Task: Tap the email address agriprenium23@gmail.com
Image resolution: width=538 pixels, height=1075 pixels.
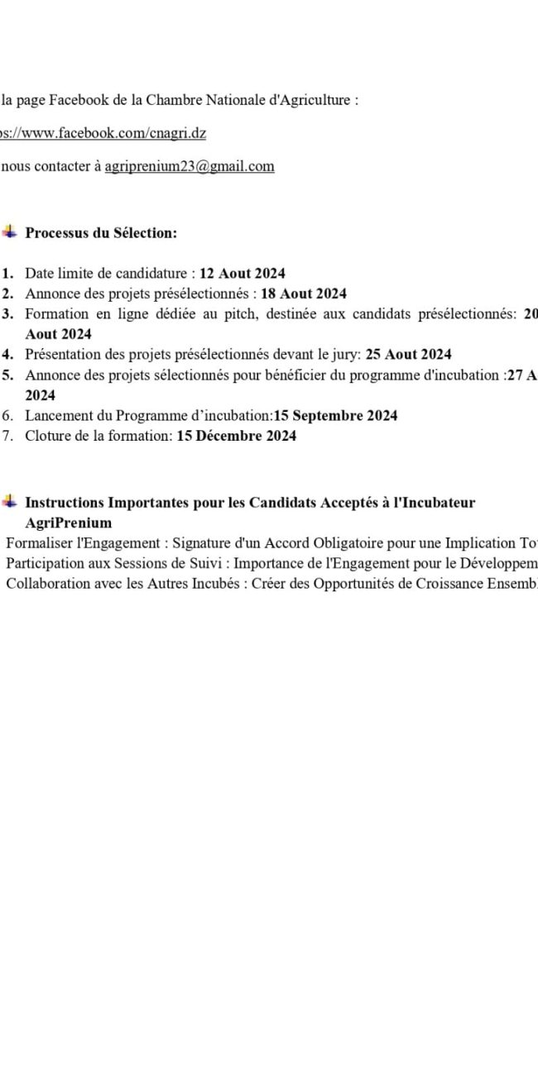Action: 190,166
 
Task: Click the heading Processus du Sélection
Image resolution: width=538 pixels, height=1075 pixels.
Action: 101,233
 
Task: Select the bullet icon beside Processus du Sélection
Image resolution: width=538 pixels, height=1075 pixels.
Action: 9,232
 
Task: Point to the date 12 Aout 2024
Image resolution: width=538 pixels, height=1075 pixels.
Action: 243,273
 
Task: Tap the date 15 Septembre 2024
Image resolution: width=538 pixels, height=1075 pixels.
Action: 335,416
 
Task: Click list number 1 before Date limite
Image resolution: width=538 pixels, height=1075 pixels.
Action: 7,273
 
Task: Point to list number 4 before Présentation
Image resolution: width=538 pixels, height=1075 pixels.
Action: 7,355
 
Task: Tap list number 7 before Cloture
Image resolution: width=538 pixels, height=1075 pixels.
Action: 7,436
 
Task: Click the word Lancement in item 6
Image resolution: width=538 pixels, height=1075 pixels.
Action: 54,416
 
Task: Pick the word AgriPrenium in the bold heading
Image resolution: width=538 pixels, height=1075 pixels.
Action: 68,523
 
